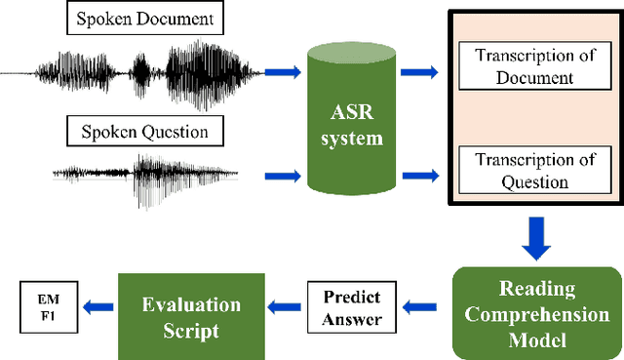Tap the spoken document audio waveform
pyautogui.click(x=136, y=72)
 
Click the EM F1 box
pyautogui.click(x=46, y=306)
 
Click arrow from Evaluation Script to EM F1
pyautogui.click(x=97, y=308)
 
